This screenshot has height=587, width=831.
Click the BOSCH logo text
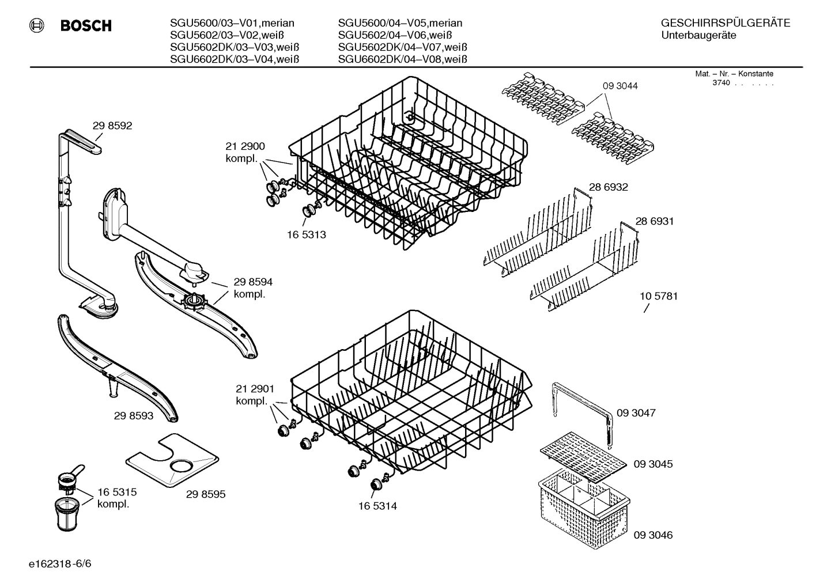pyautogui.click(x=85, y=26)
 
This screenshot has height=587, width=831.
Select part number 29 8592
pyautogui.click(x=112, y=126)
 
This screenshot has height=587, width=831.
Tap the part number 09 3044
pyautogui.click(x=620, y=86)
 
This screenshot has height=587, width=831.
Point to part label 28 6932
pyautogui.click(x=608, y=187)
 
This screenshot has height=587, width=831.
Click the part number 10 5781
pyautogui.click(x=659, y=296)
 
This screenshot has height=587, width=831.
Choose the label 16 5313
pyautogui.click(x=306, y=234)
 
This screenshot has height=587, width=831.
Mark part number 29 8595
pyautogui.click(x=206, y=494)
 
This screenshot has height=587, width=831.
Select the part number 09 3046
pyautogui.click(x=653, y=535)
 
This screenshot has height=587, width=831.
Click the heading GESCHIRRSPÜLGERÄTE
pyautogui.click(x=725, y=24)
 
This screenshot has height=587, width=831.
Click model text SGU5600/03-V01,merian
pyautogui.click(x=232, y=24)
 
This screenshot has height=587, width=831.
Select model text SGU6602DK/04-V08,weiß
pyautogui.click(x=402, y=59)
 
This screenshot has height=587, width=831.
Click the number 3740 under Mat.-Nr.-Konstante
pyautogui.click(x=721, y=83)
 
